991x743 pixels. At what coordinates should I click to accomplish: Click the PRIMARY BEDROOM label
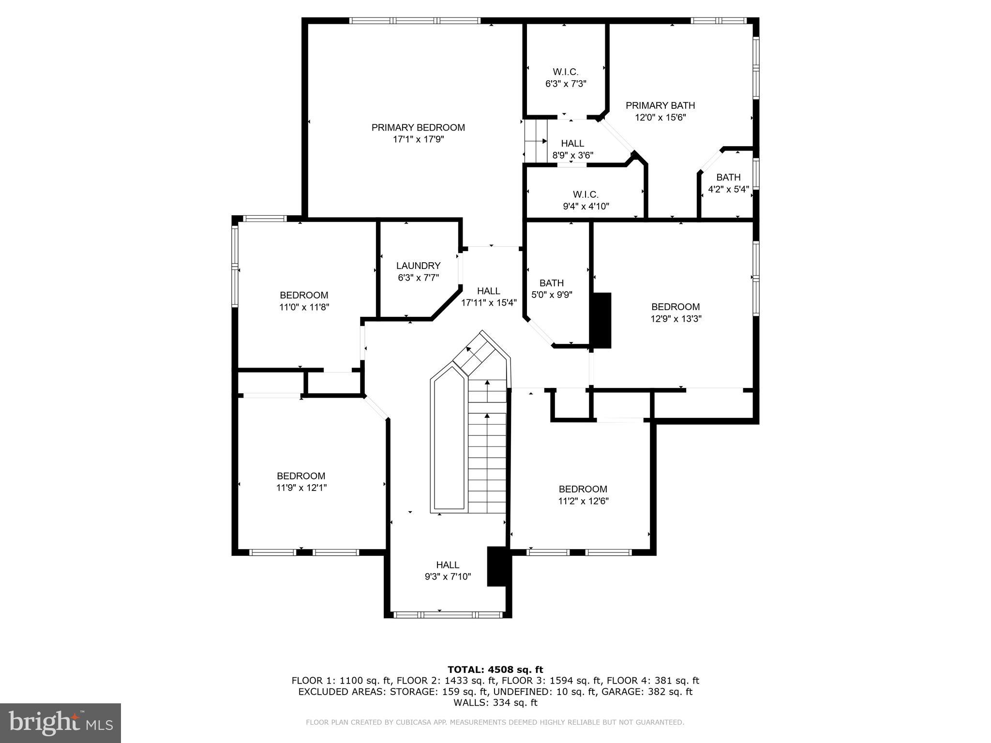pyautogui.click(x=418, y=127)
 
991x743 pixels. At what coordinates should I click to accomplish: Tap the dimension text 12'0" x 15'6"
pyautogui.click(x=660, y=117)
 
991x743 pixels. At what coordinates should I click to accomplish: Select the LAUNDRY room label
pyautogui.click(x=418, y=266)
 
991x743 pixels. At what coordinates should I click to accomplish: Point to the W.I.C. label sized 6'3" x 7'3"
pyautogui.click(x=566, y=72)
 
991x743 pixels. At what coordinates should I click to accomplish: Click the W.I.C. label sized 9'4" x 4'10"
pyautogui.click(x=586, y=194)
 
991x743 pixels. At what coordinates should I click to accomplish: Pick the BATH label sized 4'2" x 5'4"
pyautogui.click(x=728, y=178)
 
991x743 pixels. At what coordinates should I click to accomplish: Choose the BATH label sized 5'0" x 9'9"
pyautogui.click(x=552, y=283)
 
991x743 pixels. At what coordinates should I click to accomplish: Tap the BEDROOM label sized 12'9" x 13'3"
pyautogui.click(x=676, y=307)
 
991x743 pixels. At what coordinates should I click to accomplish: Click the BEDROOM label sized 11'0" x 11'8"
pyautogui.click(x=304, y=295)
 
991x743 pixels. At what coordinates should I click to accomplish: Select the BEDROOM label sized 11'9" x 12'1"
pyautogui.click(x=301, y=476)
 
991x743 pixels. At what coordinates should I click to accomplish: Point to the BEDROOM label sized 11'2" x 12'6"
pyautogui.click(x=583, y=489)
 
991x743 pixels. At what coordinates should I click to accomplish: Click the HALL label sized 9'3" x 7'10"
pyautogui.click(x=448, y=565)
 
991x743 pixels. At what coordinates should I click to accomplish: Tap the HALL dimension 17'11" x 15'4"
pyautogui.click(x=489, y=303)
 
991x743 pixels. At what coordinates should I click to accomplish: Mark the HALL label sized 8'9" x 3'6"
pyautogui.click(x=572, y=144)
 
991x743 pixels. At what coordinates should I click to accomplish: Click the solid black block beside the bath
pyautogui.click(x=602, y=320)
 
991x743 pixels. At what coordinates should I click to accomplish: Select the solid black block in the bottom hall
pyautogui.click(x=496, y=566)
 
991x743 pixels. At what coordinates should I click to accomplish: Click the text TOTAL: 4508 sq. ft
pyautogui.click(x=495, y=669)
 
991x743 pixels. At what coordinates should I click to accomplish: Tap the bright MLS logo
pyautogui.click(x=60, y=723)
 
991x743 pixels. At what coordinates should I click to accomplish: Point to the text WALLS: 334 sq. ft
pyautogui.click(x=495, y=702)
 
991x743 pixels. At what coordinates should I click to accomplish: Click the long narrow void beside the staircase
pyautogui.click(x=449, y=443)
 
